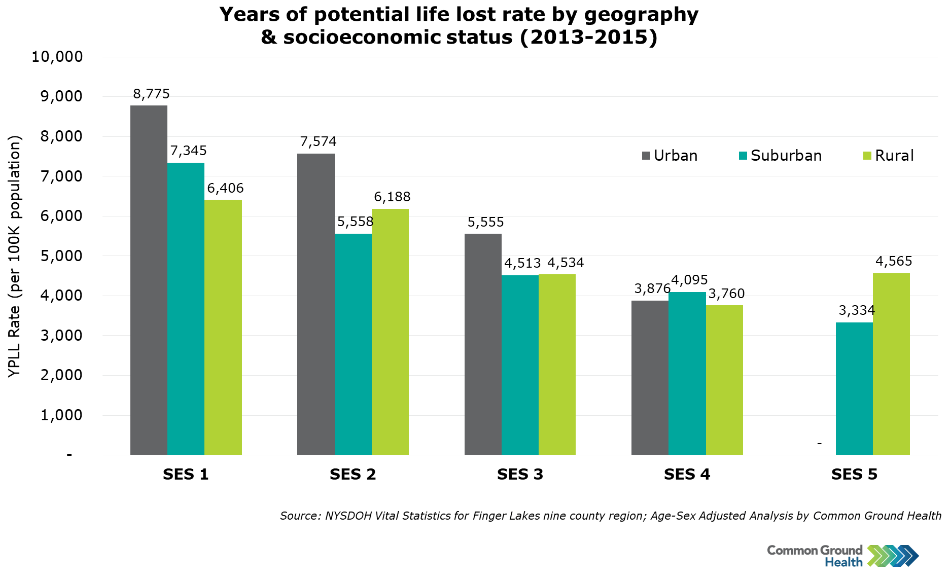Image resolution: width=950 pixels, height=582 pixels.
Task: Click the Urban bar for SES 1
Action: coord(149,280)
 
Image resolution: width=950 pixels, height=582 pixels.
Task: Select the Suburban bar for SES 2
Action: coord(353,344)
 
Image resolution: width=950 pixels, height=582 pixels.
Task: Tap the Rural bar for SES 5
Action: coord(891,364)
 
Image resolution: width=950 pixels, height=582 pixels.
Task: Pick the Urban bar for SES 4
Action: coord(650,378)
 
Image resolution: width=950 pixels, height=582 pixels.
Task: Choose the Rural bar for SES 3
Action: coord(557,365)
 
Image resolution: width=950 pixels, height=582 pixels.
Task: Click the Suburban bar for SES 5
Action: coord(854,388)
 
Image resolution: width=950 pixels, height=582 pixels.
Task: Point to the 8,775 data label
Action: coord(151,94)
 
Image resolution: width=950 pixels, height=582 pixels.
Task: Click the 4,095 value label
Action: coord(689,280)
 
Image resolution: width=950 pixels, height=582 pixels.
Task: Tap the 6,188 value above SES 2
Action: coord(392,197)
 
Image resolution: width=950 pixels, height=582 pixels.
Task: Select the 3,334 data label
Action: coord(857,310)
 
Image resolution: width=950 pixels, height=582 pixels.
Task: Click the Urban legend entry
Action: coord(670,156)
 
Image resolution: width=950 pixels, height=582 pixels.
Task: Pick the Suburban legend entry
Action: coord(780,156)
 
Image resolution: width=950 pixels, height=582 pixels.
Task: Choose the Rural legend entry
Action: coord(888,156)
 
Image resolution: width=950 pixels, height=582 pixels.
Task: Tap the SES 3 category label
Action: coord(520,475)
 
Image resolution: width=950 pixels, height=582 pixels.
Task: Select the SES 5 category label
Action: coord(854,475)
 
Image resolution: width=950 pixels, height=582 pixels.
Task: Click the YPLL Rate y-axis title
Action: coord(15,256)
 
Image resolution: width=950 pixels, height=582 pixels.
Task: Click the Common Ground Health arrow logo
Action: coord(893,556)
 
